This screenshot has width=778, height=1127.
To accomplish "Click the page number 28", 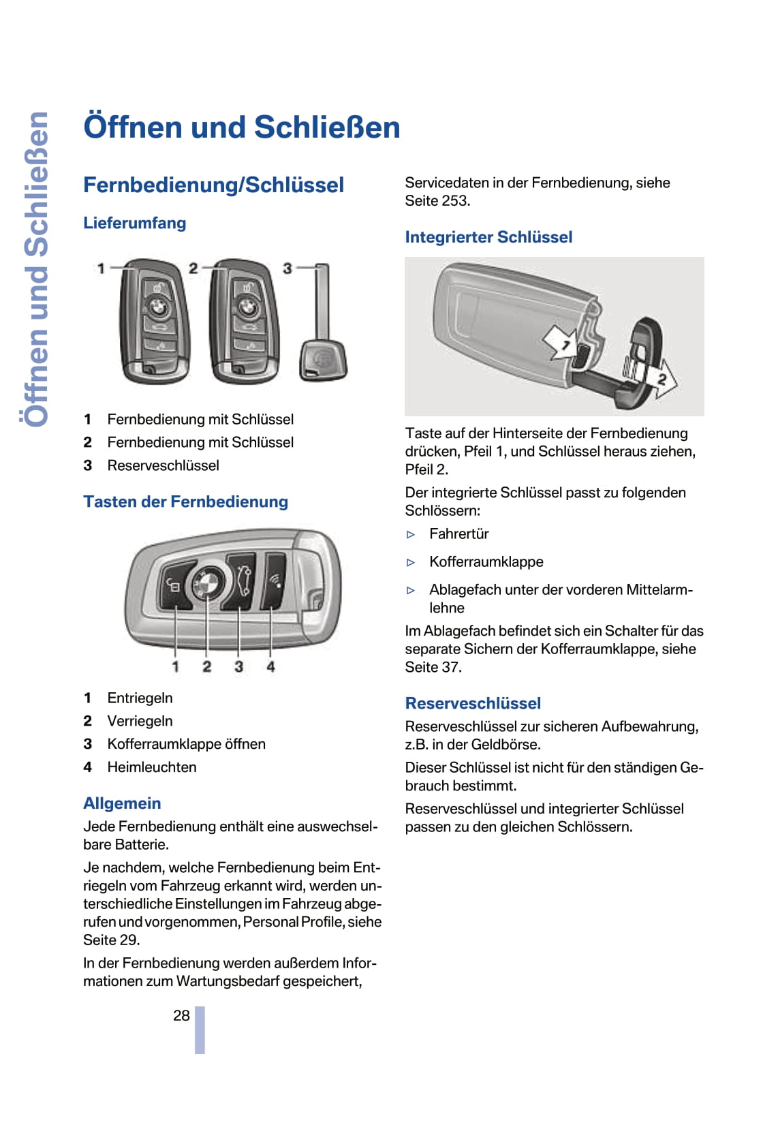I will [x=181, y=1015].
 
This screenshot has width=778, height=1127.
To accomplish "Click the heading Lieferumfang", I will [x=134, y=223].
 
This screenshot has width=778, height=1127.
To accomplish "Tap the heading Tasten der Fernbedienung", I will [x=185, y=501].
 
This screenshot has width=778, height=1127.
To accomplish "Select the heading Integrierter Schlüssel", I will [x=488, y=237].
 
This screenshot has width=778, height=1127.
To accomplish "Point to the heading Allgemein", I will [x=122, y=803].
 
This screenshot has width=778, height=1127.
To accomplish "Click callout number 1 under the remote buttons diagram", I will [x=176, y=666].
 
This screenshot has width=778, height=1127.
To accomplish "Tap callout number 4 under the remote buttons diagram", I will [x=271, y=666].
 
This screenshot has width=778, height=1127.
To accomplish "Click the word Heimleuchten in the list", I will [x=152, y=767].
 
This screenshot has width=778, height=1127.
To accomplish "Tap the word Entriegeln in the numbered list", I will [x=140, y=698].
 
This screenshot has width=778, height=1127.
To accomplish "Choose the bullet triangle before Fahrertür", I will [x=411, y=535].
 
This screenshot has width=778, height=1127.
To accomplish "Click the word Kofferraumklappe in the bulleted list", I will [x=486, y=562].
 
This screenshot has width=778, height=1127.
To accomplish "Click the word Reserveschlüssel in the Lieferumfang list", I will [x=164, y=465].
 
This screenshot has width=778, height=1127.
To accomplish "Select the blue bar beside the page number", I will [x=200, y=1030].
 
